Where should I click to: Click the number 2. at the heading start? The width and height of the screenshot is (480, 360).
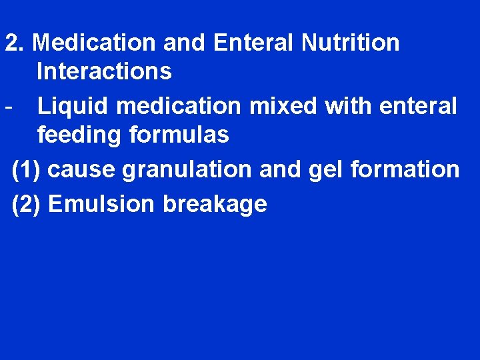coord(15,43)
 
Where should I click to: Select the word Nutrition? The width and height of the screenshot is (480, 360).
coord(350,43)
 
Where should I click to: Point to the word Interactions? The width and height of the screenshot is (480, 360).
coord(105,71)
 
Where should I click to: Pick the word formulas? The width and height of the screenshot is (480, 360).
coord(179,135)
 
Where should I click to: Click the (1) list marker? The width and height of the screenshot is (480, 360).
coord(27,169)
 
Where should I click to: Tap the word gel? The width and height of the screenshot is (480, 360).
coord(325,169)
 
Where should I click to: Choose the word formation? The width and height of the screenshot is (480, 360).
coord(405,169)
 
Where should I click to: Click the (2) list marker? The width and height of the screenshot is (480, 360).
coord(27,204)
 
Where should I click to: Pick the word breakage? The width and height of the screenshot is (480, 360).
coord(215,204)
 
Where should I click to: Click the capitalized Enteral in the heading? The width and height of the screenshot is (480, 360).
coord(255,43)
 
